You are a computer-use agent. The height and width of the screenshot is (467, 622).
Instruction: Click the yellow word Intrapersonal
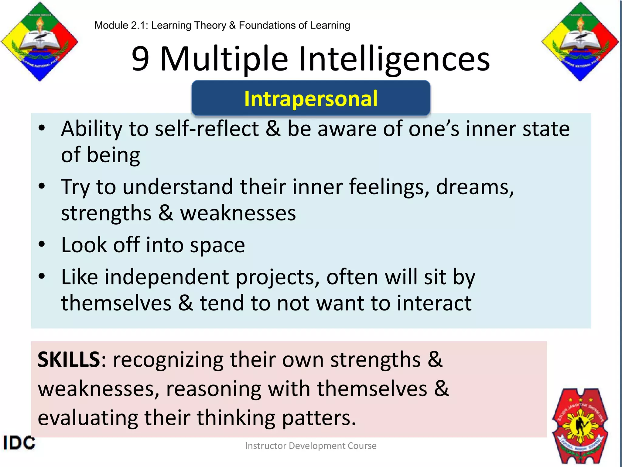coord(311,99)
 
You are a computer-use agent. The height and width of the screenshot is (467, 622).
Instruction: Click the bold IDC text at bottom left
coord(19,443)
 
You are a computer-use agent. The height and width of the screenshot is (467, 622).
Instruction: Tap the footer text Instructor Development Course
coord(311,446)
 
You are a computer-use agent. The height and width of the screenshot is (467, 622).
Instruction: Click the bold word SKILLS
coord(69,360)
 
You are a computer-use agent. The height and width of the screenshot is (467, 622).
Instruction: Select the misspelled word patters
coord(319,418)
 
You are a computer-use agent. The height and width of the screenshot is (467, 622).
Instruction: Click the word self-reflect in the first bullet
coord(207,129)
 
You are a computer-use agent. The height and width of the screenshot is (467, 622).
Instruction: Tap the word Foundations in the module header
coord(268,25)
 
